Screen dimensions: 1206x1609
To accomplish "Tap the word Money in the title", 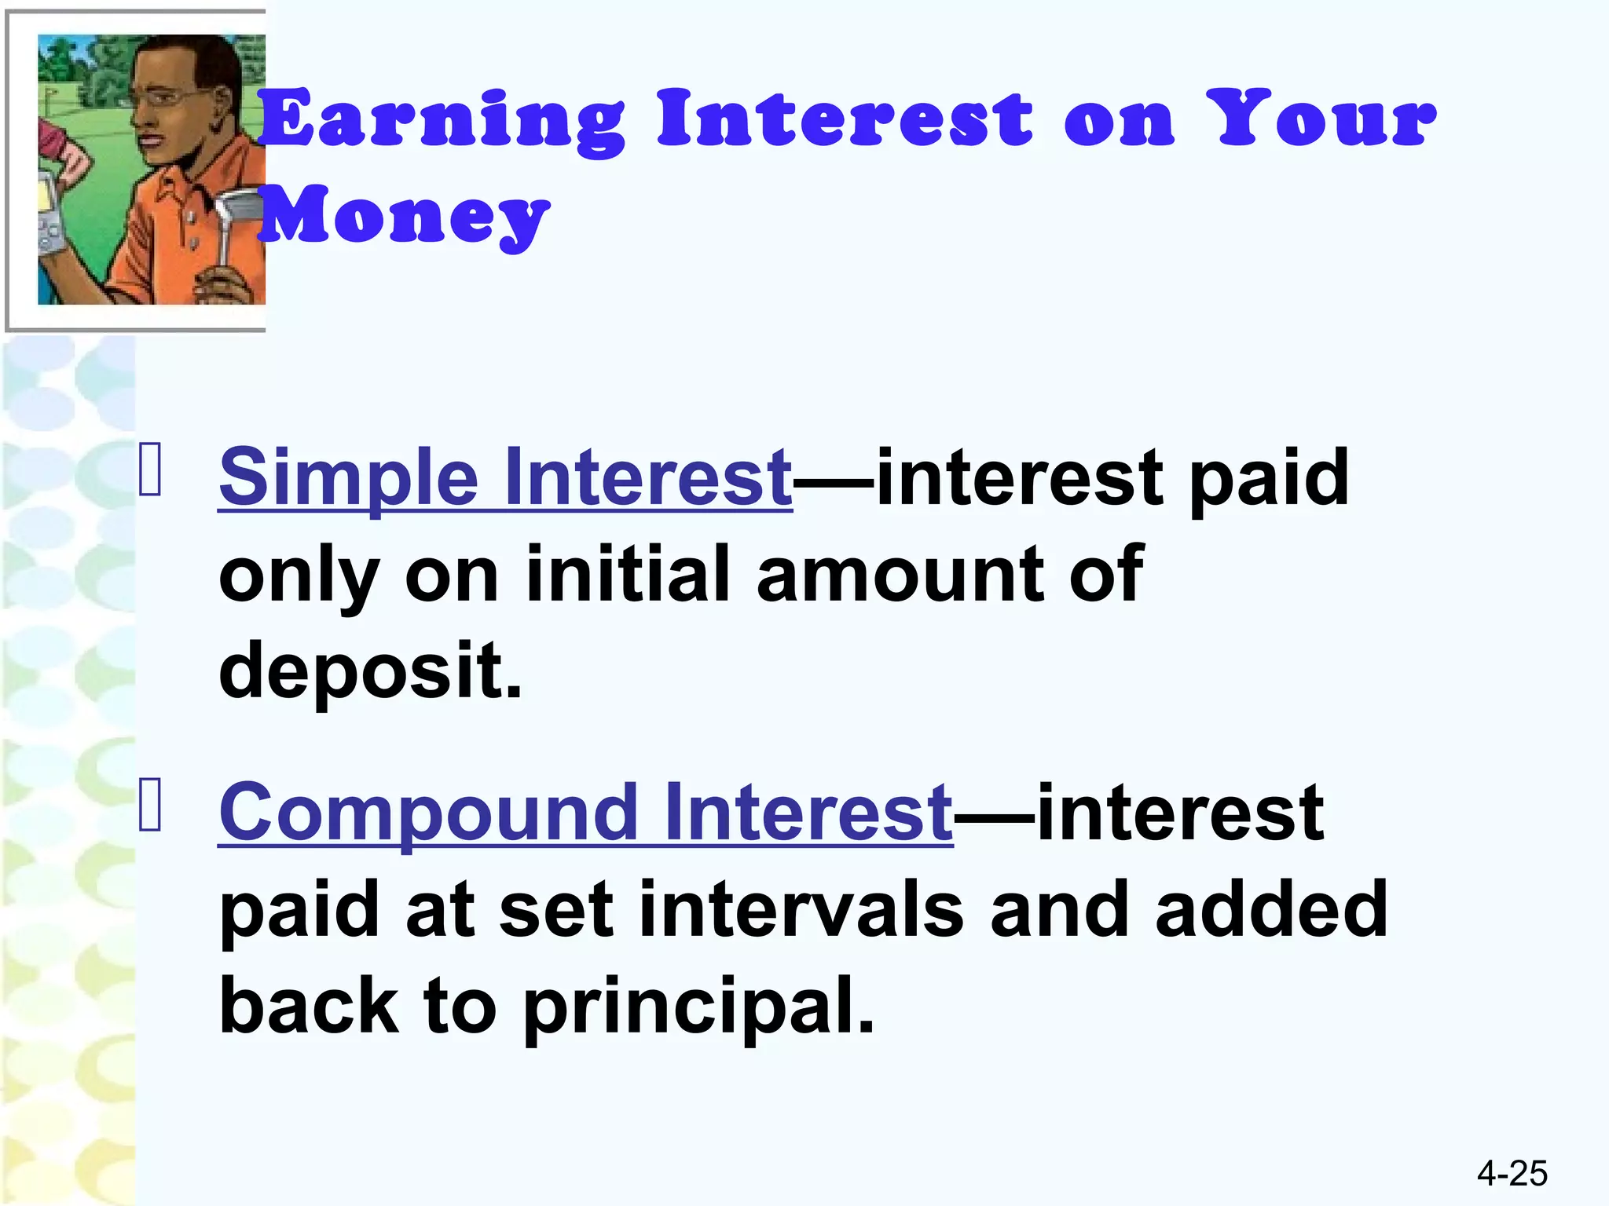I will pyautogui.click(x=404, y=215).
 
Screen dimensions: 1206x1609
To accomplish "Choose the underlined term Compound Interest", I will pyautogui.click(x=585, y=812).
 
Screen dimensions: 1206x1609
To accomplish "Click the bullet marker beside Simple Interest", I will pyautogui.click(x=150, y=470).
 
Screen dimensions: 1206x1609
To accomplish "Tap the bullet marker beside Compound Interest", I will pyautogui.click(x=150, y=805).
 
